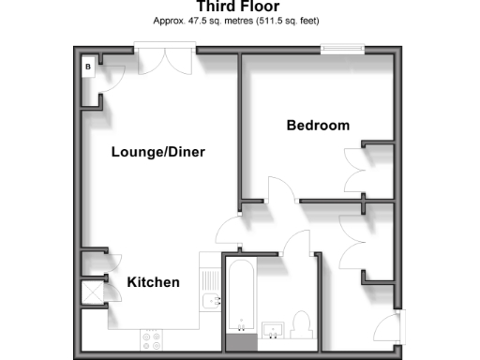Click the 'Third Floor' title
coord(238,7)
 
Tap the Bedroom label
coord(318,126)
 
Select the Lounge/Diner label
coord(157,153)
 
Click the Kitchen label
coord(153,282)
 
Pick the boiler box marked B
coord(88,67)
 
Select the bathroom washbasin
coord(275,327)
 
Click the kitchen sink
coord(211,302)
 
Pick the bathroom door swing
coord(299,241)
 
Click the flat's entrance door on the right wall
coord(386,328)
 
